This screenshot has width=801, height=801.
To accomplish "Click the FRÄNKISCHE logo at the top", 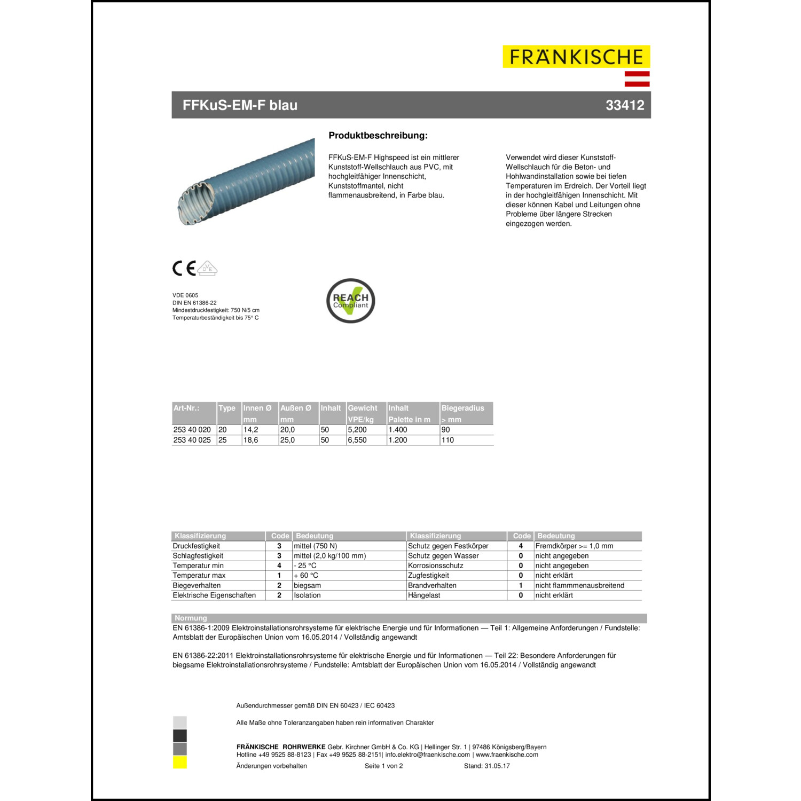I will click(x=576, y=57).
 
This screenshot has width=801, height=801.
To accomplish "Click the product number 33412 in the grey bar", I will click(x=625, y=105).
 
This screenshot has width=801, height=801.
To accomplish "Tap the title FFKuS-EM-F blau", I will click(x=240, y=105).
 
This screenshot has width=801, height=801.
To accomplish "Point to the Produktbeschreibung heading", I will click(x=378, y=136).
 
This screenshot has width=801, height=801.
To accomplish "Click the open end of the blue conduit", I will click(x=197, y=203).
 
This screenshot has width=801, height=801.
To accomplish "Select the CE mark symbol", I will click(x=184, y=268).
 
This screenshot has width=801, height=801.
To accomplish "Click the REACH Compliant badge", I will click(x=351, y=301).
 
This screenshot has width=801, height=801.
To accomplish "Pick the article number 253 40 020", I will click(x=192, y=430).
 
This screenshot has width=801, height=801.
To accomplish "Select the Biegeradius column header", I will click(x=462, y=408).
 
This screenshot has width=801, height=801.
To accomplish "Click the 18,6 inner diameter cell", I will click(x=250, y=440).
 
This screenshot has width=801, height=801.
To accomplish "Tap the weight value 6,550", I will click(x=357, y=440).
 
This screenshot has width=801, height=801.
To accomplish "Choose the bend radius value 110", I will click(x=447, y=440).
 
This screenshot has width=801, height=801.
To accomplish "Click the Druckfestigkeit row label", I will click(x=196, y=546).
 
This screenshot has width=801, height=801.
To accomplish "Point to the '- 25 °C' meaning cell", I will click(x=305, y=566).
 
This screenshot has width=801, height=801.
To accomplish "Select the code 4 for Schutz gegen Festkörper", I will click(x=521, y=546).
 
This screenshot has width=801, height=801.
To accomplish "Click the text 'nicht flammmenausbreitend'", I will click(x=579, y=585).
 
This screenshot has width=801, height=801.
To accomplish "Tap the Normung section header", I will click(x=191, y=618).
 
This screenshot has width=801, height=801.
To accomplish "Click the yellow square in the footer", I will click(x=180, y=763).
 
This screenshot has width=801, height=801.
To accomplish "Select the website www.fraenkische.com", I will click(x=507, y=755).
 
